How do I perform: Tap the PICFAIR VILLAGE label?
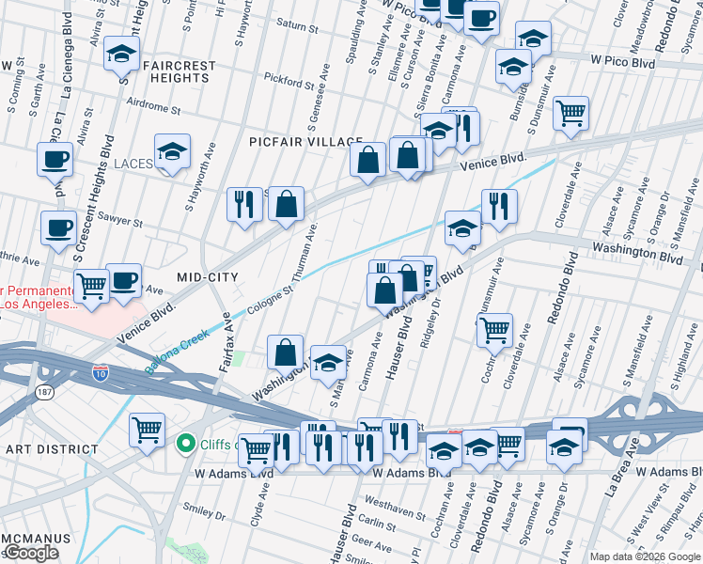(x=299, y=141)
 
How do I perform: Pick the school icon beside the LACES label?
(x=172, y=152)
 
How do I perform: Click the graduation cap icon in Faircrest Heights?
(x=121, y=54)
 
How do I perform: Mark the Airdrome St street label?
(x=151, y=108)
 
